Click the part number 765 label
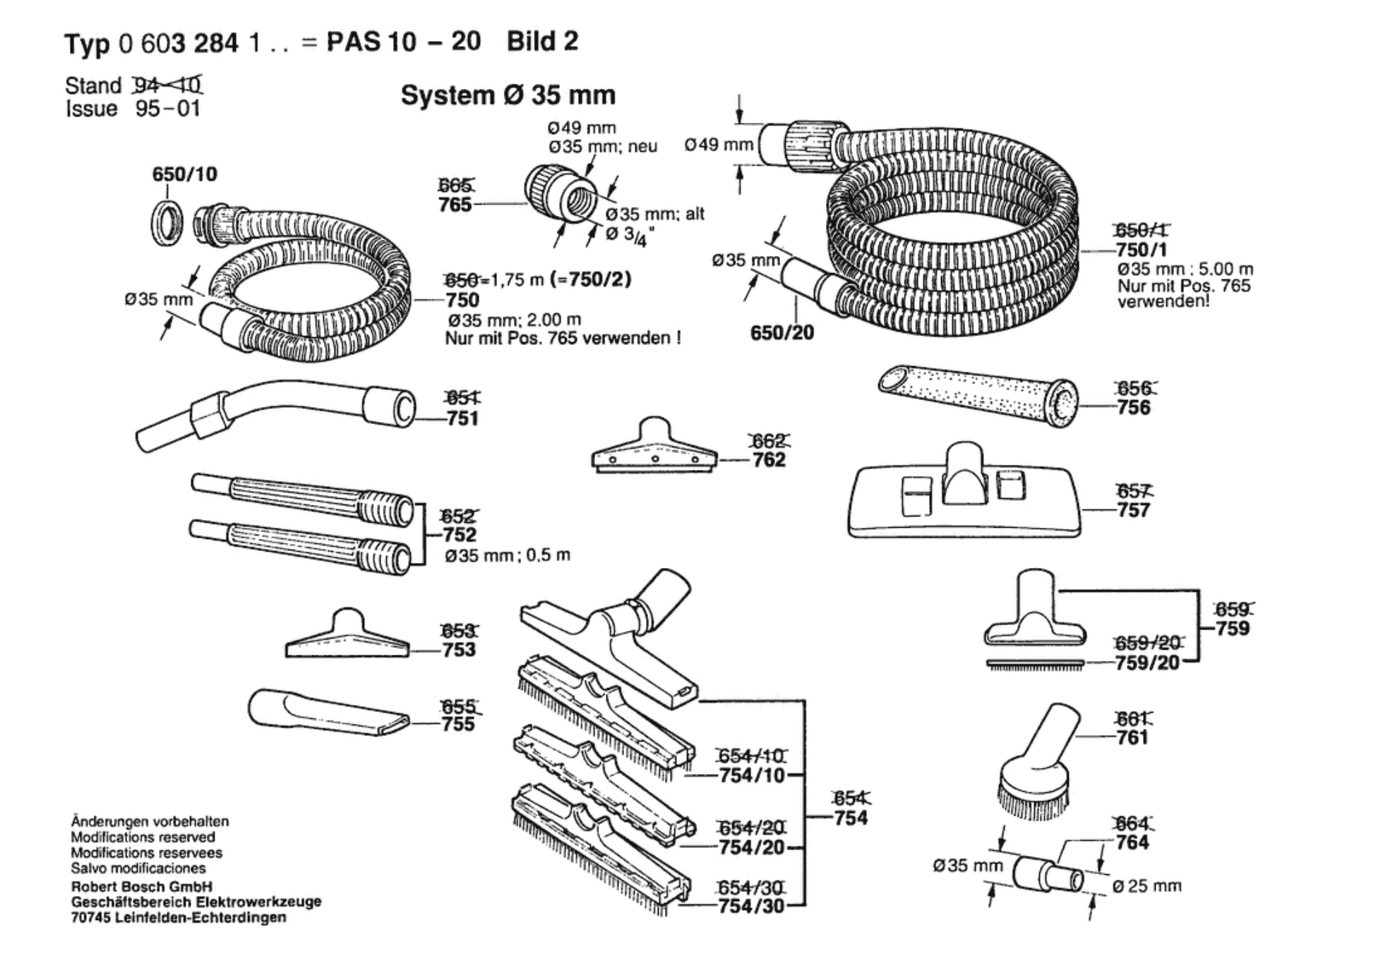pyautogui.click(x=455, y=205)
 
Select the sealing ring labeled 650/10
pyautogui.click(x=167, y=223)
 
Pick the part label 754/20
pyautogui.click(x=751, y=847)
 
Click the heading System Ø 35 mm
pyautogui.click(x=508, y=95)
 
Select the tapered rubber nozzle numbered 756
pyautogui.click(x=978, y=396)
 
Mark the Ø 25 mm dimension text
pyautogui.click(x=1147, y=886)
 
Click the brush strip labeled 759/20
pyautogui.click(x=1035, y=664)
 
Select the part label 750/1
pyautogui.click(x=1142, y=250)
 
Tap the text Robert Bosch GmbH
pyautogui.click(x=142, y=886)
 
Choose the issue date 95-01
pyautogui.click(x=168, y=109)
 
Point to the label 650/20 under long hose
pyautogui.click(x=782, y=332)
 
